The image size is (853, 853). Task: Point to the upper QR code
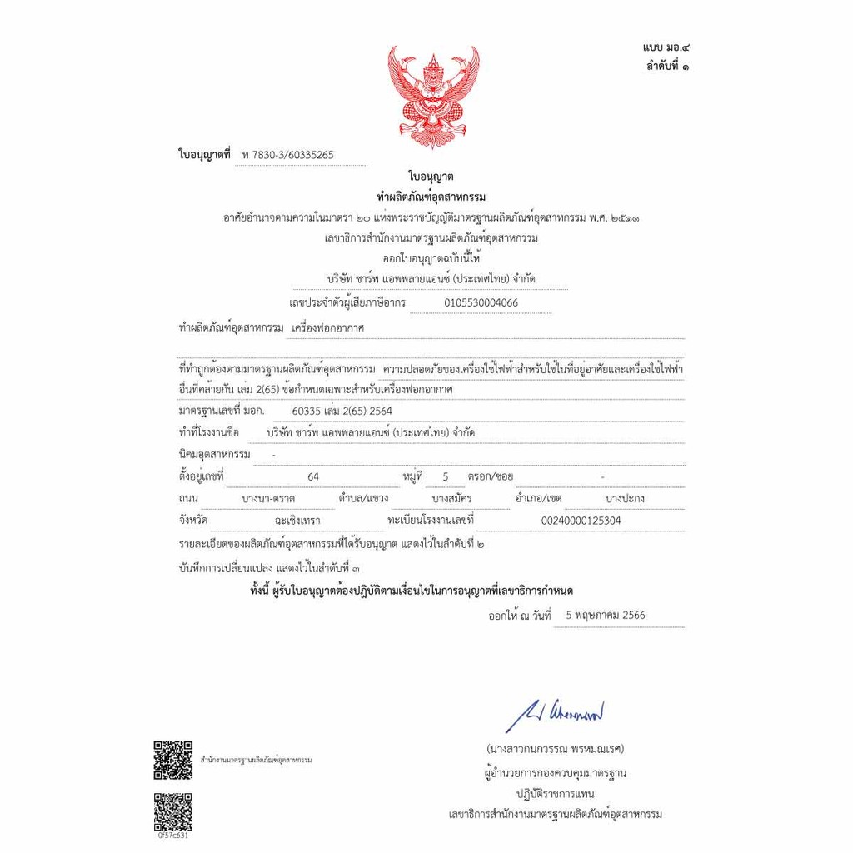[x=172, y=759]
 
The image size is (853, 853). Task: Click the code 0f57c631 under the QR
[x=172, y=836]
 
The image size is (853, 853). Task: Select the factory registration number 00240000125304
[x=581, y=521]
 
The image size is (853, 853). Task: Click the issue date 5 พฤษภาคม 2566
[x=605, y=616]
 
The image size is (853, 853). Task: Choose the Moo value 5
[x=446, y=477]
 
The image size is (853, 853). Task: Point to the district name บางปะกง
[x=625, y=499]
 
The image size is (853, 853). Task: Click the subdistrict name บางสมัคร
[x=452, y=499]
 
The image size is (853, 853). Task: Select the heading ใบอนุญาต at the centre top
[x=431, y=177]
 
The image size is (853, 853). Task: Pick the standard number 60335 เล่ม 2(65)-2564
[x=342, y=412]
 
